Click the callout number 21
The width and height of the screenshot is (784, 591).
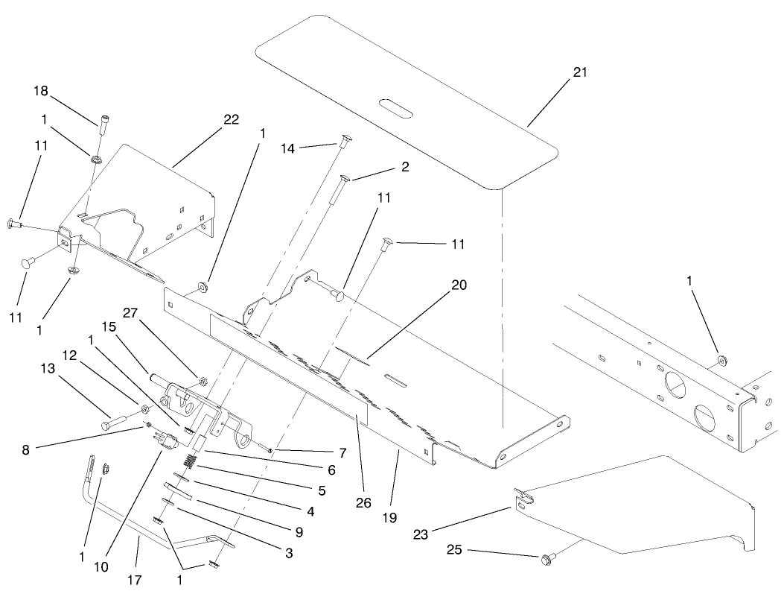tap(580, 72)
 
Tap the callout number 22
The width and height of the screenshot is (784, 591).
tap(232, 120)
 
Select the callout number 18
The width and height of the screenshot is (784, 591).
tap(40, 90)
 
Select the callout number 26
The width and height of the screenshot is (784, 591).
tap(363, 503)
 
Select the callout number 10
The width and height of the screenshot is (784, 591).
tap(101, 566)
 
